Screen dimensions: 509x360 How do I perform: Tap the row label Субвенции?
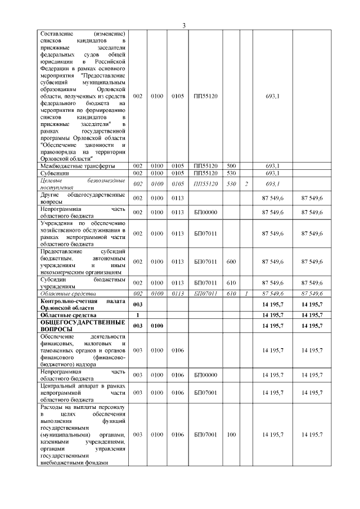pyautogui.click(x=53, y=173)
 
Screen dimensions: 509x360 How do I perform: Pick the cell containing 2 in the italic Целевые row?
pyautogui.click(x=246, y=184)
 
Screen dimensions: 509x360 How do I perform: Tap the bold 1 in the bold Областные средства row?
pyautogui.click(x=137, y=315)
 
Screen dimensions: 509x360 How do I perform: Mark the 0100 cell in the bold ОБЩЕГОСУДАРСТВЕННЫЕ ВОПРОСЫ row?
pyautogui.click(x=157, y=326)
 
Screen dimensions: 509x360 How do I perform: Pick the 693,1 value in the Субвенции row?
pyautogui.click(x=272, y=173)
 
